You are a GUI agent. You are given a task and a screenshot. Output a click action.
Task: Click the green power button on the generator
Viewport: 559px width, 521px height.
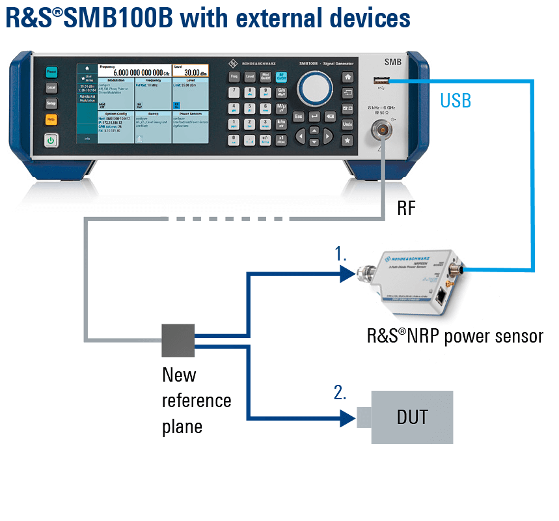click(x=51, y=139)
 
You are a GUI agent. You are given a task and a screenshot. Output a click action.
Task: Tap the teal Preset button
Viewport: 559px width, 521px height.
click(x=51, y=72)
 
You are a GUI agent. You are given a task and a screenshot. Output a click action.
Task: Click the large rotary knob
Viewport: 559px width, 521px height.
click(x=315, y=85)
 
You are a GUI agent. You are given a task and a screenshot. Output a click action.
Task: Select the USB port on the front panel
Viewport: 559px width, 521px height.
click(x=381, y=80)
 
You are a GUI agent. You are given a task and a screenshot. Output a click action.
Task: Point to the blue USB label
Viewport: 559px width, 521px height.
click(x=456, y=100)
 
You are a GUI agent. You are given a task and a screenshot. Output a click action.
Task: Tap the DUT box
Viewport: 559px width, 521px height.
click(x=412, y=417)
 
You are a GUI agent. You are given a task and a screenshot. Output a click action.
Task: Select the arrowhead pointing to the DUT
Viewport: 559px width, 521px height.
click(x=349, y=418)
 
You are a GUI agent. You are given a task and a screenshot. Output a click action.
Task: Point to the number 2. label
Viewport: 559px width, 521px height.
click(x=340, y=393)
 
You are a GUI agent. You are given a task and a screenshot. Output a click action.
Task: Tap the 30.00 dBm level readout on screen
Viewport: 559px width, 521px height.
click(x=191, y=72)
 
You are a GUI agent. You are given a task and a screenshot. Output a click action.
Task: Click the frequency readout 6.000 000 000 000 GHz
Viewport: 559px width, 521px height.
click(x=138, y=73)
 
